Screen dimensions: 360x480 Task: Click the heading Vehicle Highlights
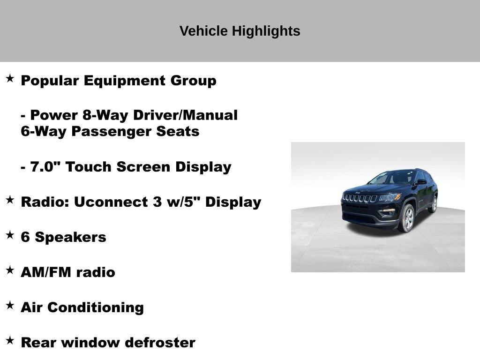pos(240,31)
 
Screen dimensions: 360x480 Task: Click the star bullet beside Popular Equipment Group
pos(10,78)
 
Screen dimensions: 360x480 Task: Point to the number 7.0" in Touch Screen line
pos(45,167)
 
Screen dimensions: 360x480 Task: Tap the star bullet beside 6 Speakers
pos(10,235)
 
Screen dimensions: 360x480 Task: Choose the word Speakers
pos(71,237)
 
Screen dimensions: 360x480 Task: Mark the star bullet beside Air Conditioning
pos(10,305)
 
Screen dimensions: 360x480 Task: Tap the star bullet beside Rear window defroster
pos(10,340)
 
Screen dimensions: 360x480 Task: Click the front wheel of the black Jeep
pos(406,218)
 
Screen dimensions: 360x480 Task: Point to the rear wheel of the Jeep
pos(434,204)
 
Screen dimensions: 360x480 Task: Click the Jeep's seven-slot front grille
pos(360,198)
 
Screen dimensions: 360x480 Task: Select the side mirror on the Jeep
pos(421,182)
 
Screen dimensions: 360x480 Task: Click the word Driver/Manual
pos(185,115)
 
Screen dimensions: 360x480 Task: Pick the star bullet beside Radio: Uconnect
pos(10,200)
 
